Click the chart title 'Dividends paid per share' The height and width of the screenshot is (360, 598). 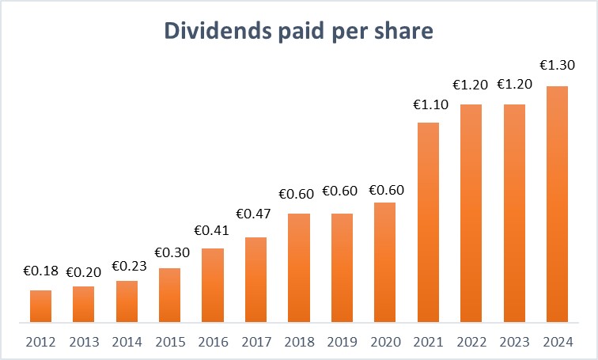(x=298, y=30)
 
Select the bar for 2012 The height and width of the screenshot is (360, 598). (x=41, y=306)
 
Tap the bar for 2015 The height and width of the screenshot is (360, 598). (x=169, y=295)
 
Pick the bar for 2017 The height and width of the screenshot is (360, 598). (x=255, y=279)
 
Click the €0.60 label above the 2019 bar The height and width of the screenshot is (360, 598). (x=342, y=193)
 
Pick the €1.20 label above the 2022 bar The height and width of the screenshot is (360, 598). (x=471, y=85)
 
